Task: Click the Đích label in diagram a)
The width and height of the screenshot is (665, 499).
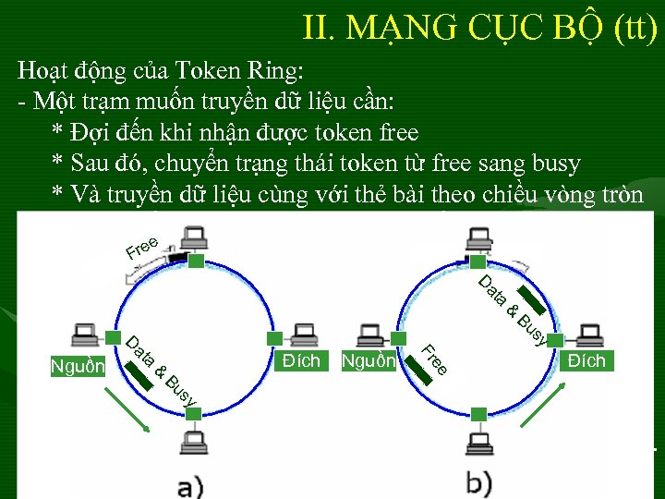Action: tap(302, 359)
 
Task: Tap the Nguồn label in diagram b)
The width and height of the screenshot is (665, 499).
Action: tap(369, 360)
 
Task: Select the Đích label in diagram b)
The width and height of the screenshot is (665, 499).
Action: tap(587, 359)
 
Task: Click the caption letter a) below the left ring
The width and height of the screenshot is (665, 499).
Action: tap(191, 483)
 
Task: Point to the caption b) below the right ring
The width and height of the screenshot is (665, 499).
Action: tap(479, 483)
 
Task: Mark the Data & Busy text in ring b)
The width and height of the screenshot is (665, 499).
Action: tap(514, 308)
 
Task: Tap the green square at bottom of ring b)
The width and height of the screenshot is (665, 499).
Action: tap(478, 412)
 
